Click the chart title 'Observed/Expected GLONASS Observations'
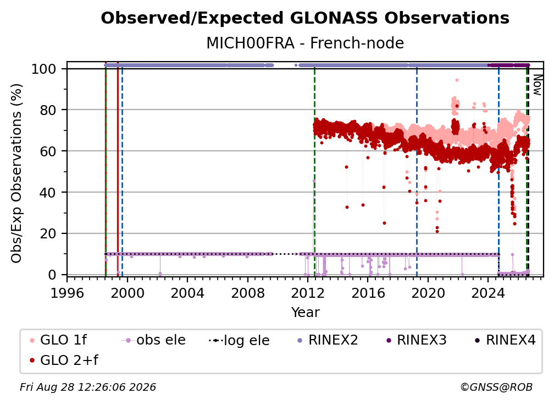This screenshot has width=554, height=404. click(305, 18)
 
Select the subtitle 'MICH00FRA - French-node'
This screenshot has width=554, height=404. click(305, 43)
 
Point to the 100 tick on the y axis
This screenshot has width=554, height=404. click(44, 69)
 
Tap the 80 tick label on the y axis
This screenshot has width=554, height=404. click(48, 110)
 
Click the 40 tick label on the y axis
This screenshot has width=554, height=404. click(48, 193)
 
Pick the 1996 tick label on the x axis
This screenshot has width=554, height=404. click(67, 293)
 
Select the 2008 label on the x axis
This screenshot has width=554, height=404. click(248, 293)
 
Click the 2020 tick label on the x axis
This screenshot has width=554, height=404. click(428, 293)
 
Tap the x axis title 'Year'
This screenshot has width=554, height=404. click(305, 313)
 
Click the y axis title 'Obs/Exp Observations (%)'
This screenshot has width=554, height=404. click(16, 173)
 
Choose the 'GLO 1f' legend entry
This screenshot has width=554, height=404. click(59, 340)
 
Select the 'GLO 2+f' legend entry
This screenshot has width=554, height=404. click(64, 360)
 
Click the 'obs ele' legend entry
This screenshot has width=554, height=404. click(153, 340)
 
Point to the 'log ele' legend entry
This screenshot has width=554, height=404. click(239, 340)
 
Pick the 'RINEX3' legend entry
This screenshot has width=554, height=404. click(417, 340)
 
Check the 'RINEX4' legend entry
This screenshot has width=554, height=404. click(505, 340)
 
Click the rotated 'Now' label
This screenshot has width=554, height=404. click(537, 85)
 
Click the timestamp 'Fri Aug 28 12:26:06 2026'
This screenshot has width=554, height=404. click(87, 387)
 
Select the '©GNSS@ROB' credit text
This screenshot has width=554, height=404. click(496, 387)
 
